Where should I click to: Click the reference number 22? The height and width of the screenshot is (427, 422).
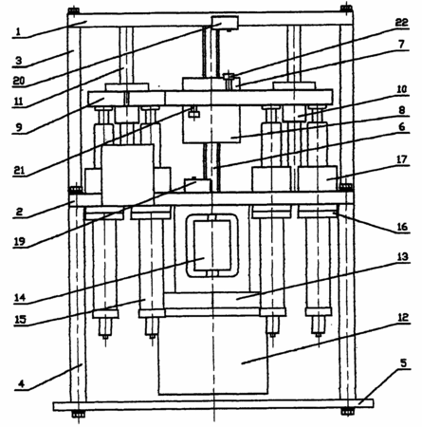pyautogui.click(x=401, y=23)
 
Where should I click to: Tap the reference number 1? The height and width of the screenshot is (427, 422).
pyautogui.click(x=18, y=32)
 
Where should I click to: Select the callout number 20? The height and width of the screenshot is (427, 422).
pyautogui.click(x=19, y=81)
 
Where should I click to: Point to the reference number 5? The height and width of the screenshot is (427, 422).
pyautogui.click(x=404, y=362)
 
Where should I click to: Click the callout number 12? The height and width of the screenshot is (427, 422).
pyautogui.click(x=403, y=317)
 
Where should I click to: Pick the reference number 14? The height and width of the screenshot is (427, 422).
pyautogui.click(x=20, y=297)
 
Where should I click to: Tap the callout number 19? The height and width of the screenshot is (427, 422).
pyautogui.click(x=19, y=242)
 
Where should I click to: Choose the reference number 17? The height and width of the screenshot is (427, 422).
pyautogui.click(x=402, y=159)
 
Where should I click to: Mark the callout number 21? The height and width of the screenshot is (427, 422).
pyautogui.click(x=19, y=170)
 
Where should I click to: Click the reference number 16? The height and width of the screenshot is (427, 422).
pyautogui.click(x=402, y=227)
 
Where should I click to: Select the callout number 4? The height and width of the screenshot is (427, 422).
pyautogui.click(x=21, y=383)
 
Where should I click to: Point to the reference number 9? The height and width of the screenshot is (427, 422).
pyautogui.click(x=19, y=127)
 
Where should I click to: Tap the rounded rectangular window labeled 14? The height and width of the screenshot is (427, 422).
pyautogui.click(x=188, y=246)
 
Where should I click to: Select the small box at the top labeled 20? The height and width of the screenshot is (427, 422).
pyautogui.click(x=225, y=23)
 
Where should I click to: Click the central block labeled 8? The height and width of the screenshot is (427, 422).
pyautogui.click(x=211, y=124)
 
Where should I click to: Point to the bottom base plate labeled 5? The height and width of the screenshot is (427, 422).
pyautogui.click(x=213, y=406)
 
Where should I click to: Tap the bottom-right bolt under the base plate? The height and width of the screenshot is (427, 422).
pyautogui.click(x=347, y=412)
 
